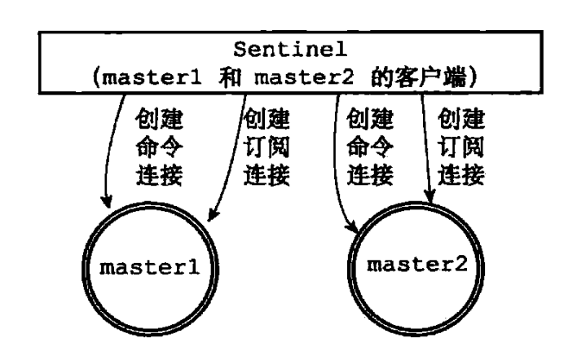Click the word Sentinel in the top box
(x=290, y=50)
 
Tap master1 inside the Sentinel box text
(x=152, y=77)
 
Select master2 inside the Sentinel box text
(x=304, y=77)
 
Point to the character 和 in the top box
(x=230, y=77)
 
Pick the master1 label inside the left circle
(x=150, y=268)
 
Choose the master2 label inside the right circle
(x=417, y=265)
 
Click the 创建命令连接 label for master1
(x=160, y=147)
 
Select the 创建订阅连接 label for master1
(x=266, y=147)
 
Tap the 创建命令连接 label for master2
(x=370, y=147)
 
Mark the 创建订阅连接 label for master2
(x=461, y=147)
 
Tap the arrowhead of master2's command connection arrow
(x=353, y=227)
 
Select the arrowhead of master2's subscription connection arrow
(x=429, y=196)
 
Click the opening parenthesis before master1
(x=96, y=78)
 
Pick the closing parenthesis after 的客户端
(x=473, y=78)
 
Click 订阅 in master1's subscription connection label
(x=266, y=147)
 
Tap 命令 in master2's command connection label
(x=370, y=147)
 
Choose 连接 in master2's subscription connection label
(x=461, y=175)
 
